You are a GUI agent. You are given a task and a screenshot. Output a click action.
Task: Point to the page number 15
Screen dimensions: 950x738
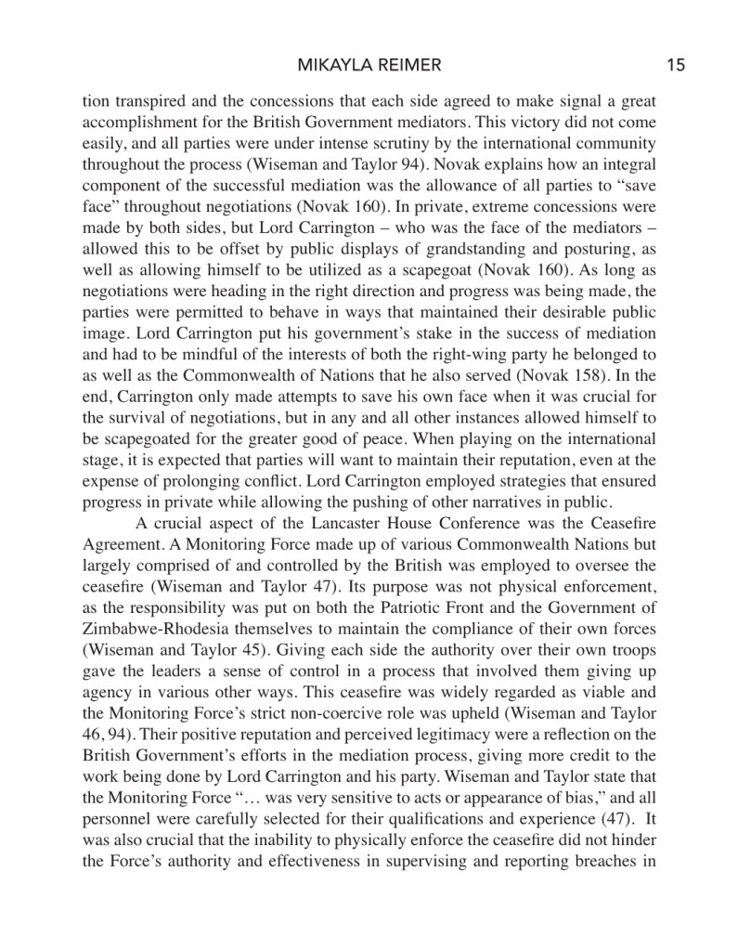pyautogui.click(x=675, y=65)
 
